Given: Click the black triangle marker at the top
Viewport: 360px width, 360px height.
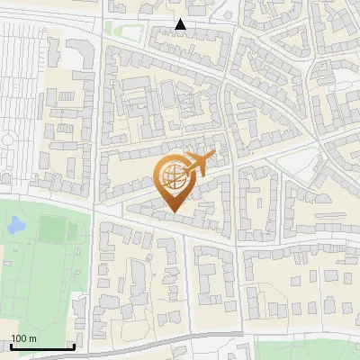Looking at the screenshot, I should pos(181,25).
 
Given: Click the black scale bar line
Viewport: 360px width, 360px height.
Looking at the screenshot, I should pos(41,347).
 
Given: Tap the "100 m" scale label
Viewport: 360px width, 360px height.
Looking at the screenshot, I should pos(24,338).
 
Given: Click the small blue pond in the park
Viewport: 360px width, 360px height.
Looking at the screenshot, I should pos(15,226).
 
